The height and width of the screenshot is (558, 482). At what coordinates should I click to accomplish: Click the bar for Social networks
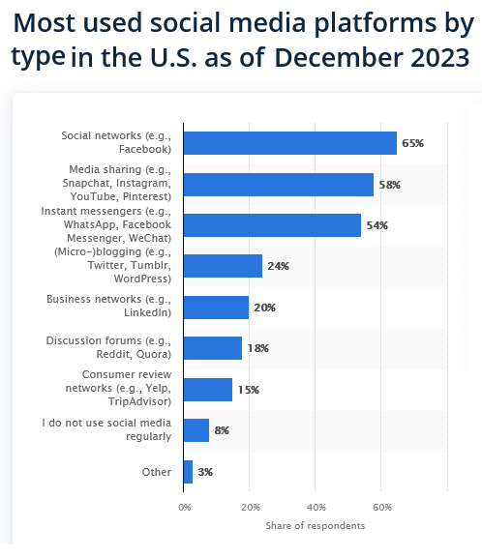(290, 143)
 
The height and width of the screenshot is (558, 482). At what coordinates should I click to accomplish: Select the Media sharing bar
(279, 185)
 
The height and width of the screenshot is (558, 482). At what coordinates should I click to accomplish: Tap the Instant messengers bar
(272, 225)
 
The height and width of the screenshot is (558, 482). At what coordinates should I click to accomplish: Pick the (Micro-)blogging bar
(223, 266)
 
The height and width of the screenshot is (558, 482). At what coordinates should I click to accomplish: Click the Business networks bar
(216, 308)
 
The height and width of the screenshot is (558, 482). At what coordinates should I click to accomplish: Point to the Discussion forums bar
(213, 348)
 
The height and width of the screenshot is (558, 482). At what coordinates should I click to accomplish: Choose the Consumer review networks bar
(208, 390)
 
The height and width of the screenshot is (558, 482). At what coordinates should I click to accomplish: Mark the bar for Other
(188, 472)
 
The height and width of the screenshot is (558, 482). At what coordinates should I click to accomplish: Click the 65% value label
(413, 143)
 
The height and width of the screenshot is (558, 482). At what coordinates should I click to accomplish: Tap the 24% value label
(278, 266)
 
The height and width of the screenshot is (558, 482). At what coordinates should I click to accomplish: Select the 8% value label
(222, 430)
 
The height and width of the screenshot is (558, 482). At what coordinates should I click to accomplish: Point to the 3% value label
(205, 472)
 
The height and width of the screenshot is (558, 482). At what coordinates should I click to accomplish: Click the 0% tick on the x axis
(185, 508)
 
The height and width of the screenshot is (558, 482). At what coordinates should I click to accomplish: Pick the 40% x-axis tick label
(316, 508)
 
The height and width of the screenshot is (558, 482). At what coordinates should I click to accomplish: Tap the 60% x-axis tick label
(382, 508)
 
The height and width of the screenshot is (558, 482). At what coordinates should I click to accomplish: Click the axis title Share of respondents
(316, 526)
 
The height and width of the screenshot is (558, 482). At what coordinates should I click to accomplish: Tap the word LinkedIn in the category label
(147, 312)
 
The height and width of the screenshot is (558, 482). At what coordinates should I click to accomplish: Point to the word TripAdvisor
(139, 401)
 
